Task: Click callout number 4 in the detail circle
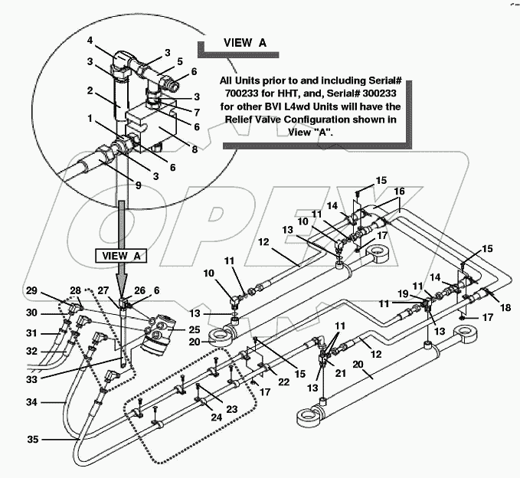(x=90, y=41)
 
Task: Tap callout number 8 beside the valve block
(x=194, y=150)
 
